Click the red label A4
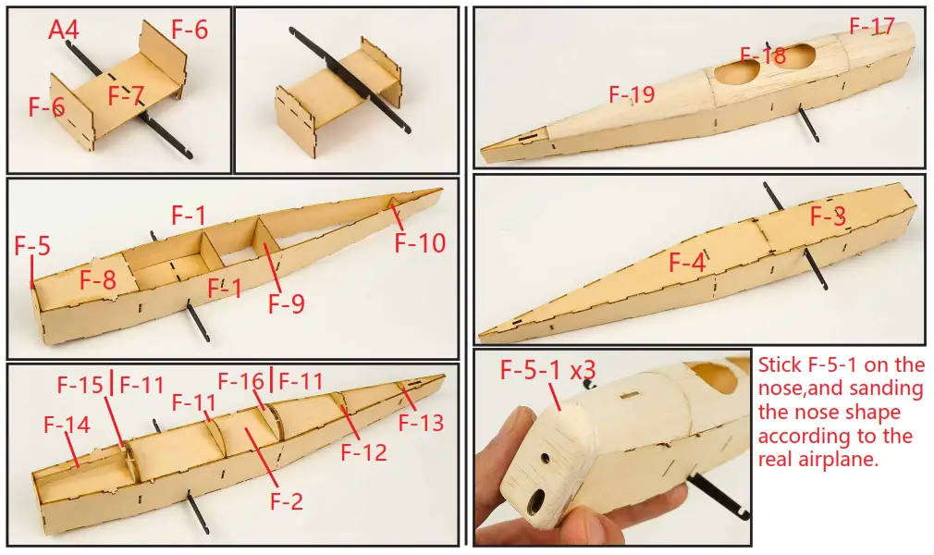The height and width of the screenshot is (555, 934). pyautogui.click(x=64, y=31)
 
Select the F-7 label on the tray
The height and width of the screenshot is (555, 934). pyautogui.click(x=126, y=94)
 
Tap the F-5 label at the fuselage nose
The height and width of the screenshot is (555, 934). pyautogui.click(x=32, y=247)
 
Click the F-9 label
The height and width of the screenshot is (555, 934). pyautogui.click(x=287, y=303)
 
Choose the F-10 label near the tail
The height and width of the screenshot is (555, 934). pyautogui.click(x=420, y=243)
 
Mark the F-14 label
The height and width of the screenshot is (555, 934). pyautogui.click(x=68, y=425)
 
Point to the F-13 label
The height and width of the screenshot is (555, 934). pyautogui.click(x=421, y=423)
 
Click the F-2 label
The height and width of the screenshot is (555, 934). pyautogui.click(x=287, y=501)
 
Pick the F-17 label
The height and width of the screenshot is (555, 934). pyautogui.click(x=872, y=25)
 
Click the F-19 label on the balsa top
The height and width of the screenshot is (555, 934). pyautogui.click(x=632, y=93)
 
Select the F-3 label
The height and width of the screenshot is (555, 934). pyautogui.click(x=828, y=217)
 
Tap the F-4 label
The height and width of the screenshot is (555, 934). pyautogui.click(x=687, y=263)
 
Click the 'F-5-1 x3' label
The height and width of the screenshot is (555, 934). pyautogui.click(x=548, y=370)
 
